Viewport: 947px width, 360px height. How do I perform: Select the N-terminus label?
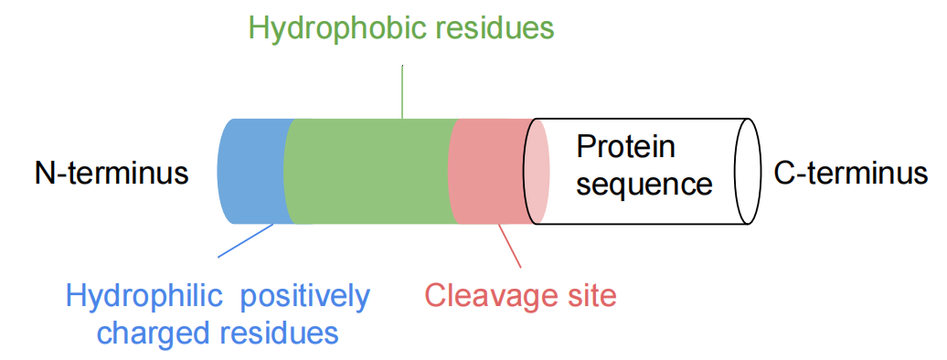[x=112, y=172]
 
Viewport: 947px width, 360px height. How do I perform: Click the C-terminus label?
[x=850, y=172]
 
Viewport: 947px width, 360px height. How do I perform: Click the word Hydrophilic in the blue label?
[x=146, y=296]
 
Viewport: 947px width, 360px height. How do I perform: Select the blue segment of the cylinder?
[x=250, y=172]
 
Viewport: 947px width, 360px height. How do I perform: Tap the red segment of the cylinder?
[x=484, y=172]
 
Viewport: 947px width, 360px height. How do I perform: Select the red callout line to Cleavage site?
[x=509, y=246]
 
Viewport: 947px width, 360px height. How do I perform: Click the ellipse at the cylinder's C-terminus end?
[x=749, y=172]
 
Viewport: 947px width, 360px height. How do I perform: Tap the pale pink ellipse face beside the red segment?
[x=537, y=172]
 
